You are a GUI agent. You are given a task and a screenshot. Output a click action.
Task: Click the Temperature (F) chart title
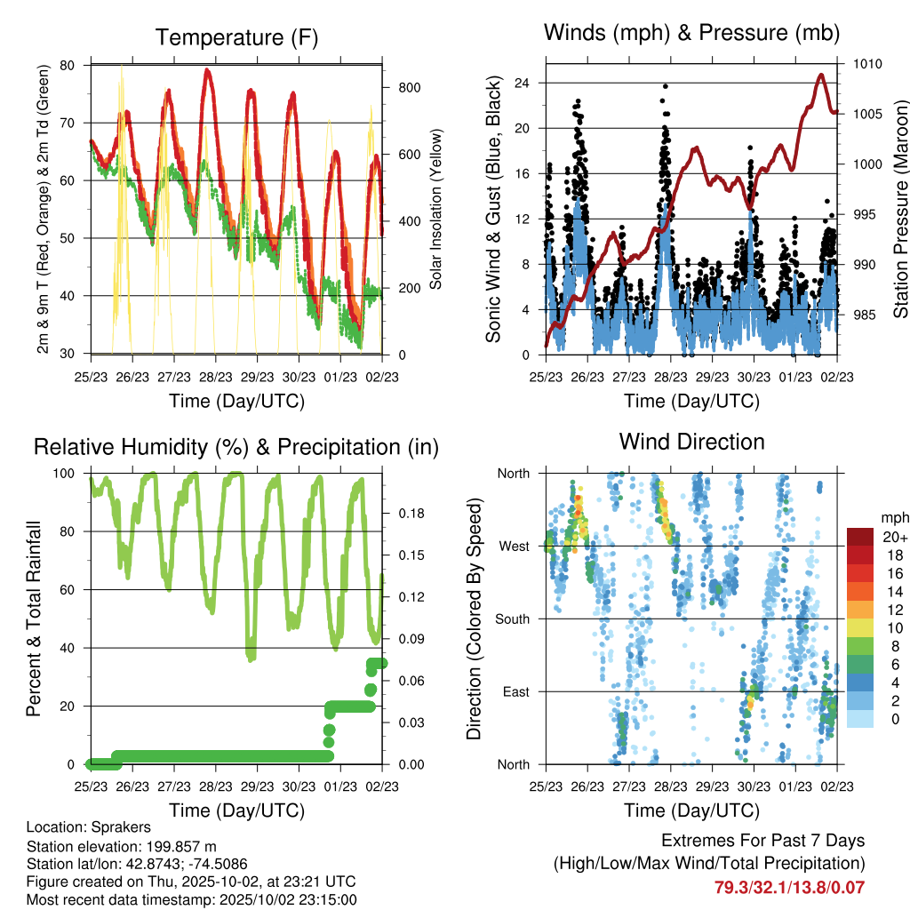(x=236, y=37)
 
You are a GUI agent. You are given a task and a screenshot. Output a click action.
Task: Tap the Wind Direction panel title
(x=691, y=441)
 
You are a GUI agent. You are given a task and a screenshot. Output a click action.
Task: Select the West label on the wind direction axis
(x=514, y=546)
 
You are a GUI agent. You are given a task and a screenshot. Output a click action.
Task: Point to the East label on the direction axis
(x=515, y=691)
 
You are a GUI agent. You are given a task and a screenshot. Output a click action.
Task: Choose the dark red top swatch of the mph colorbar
(x=861, y=537)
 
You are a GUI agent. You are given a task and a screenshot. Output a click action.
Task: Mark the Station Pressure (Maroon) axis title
(x=900, y=196)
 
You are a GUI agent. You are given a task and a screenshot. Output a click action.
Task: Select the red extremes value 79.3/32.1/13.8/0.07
(x=789, y=887)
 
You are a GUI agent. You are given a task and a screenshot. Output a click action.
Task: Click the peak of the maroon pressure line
(x=821, y=75)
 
